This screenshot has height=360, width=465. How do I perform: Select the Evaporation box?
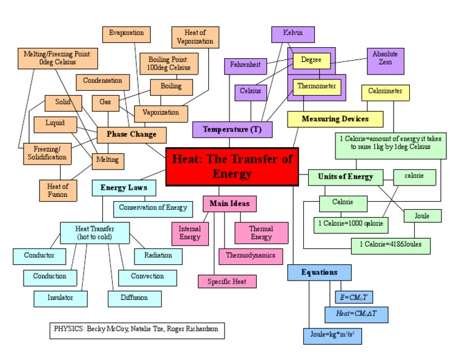pos(127,33)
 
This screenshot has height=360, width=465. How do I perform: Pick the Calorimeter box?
pos(386,92)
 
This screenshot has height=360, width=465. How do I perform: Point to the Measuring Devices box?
pos(335,119)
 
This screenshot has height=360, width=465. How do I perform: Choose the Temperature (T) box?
pos(232,130)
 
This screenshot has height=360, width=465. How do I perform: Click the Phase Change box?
pos(131,134)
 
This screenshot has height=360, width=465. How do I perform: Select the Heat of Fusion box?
pos(58,190)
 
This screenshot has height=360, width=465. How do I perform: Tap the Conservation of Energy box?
pos(153,208)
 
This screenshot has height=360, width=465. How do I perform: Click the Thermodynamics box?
pos(250,255)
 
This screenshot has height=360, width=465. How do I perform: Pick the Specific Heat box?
pos(227,281)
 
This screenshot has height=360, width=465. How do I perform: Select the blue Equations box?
pos(319,272)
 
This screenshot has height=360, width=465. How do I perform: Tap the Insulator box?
pos(61,298)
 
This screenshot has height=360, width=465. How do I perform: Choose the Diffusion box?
pos(134,298)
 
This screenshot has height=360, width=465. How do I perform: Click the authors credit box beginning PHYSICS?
pos(137,330)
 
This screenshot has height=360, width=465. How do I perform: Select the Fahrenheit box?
pos(244,64)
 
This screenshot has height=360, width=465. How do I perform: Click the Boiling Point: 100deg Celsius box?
pos(169,63)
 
